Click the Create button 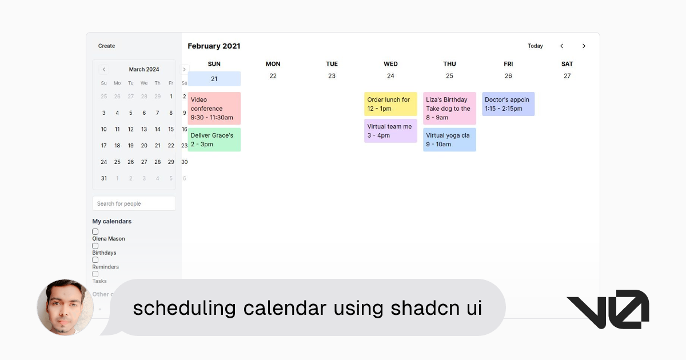[106, 46]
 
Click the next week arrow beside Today [584, 46]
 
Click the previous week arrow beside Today [561, 46]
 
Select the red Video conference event [214, 109]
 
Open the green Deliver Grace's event [214, 140]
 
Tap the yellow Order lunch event [390, 104]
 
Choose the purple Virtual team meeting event [390, 131]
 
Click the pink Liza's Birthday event [449, 109]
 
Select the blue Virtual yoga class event [449, 140]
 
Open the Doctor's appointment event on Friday [508, 104]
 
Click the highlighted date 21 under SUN [214, 79]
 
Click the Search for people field [134, 203]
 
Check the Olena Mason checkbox [95, 231]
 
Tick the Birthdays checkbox [95, 246]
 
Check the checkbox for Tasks [95, 274]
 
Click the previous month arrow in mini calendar [103, 69]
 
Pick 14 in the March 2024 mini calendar [157, 129]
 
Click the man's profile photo [65, 307]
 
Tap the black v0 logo [607, 309]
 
